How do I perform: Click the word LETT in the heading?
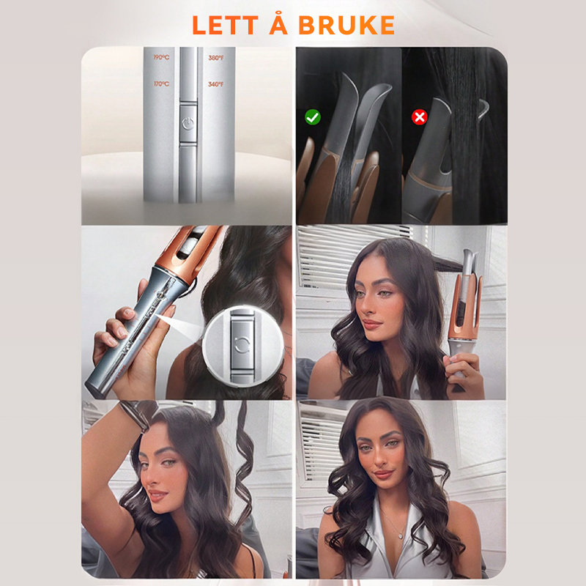(225, 26)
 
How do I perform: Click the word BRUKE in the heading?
(346, 26)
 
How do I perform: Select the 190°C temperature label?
(161, 57)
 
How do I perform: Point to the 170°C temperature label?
(161, 84)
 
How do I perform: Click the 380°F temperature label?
(216, 58)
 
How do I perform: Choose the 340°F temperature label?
(216, 84)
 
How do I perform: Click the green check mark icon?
(313, 117)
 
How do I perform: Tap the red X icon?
(419, 117)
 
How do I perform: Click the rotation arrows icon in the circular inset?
(242, 344)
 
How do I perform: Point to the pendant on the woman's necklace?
(400, 535)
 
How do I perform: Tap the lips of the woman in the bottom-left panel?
(157, 496)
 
